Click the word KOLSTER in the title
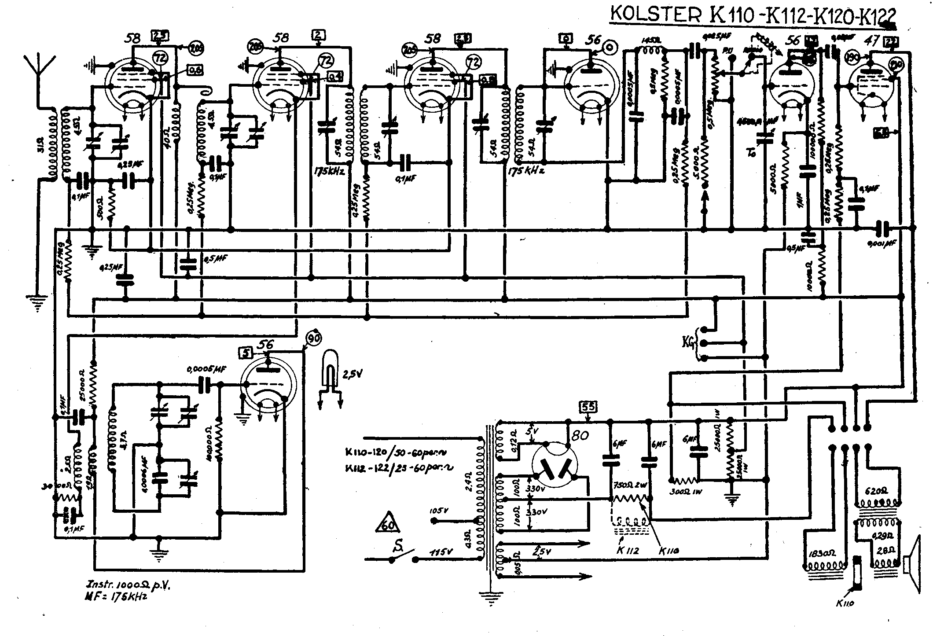[x=656, y=15]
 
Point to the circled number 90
[x=314, y=338]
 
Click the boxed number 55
[x=588, y=406]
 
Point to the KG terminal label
[x=688, y=342]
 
